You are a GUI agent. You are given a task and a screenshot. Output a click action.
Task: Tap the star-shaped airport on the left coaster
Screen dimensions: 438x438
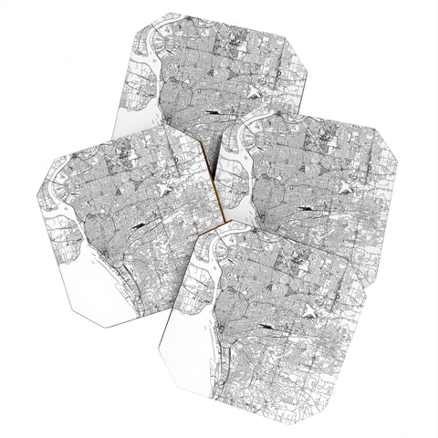pyautogui.click(x=162, y=189)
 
